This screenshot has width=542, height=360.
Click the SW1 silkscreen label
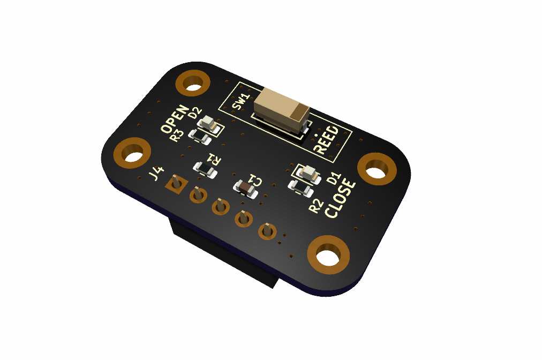coord(241,102)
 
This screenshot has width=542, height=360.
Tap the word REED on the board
coord(326,140)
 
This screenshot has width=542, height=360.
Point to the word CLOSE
coord(340,200)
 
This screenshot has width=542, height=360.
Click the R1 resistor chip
coord(205,169)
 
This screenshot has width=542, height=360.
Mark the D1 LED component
coord(308,172)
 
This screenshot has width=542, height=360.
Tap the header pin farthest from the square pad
coord(267,231)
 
